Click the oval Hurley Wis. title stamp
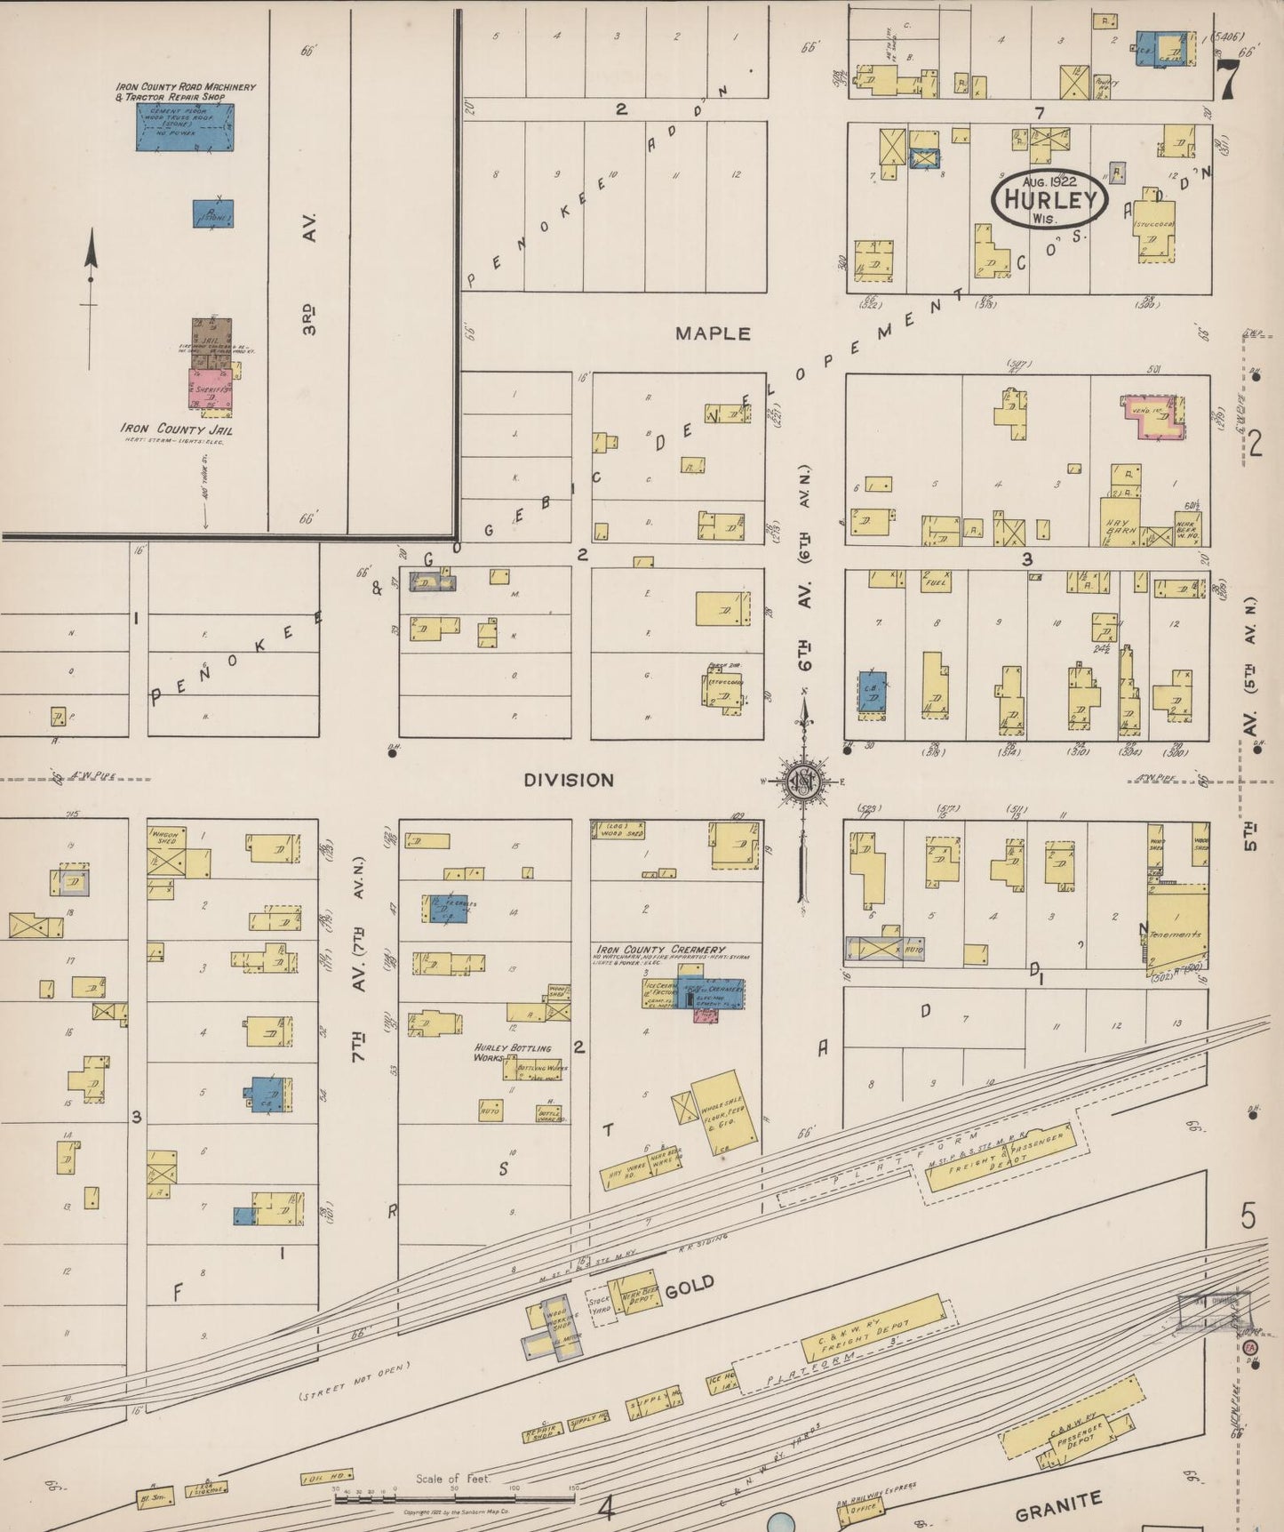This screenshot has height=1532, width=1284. pyautogui.click(x=1049, y=198)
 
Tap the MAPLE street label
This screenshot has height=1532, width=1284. pyautogui.click(x=713, y=333)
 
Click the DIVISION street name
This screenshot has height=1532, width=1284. pyautogui.click(x=569, y=780)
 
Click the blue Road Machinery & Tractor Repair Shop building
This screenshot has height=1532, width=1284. pyautogui.click(x=185, y=128)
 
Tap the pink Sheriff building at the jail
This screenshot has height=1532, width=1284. pyautogui.click(x=211, y=389)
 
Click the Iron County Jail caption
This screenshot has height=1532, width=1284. pyautogui.click(x=177, y=429)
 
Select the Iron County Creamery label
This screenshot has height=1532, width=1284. pyautogui.click(x=661, y=950)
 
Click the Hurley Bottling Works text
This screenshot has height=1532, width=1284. pyautogui.click(x=513, y=1053)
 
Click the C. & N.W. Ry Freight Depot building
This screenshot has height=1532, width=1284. pyautogui.click(x=872, y=1328)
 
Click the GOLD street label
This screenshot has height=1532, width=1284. pyautogui.click(x=690, y=1285)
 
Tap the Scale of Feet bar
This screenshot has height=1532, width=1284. pyautogui.click(x=453, y=1498)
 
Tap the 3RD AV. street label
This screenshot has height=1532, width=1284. pyautogui.click(x=308, y=274)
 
